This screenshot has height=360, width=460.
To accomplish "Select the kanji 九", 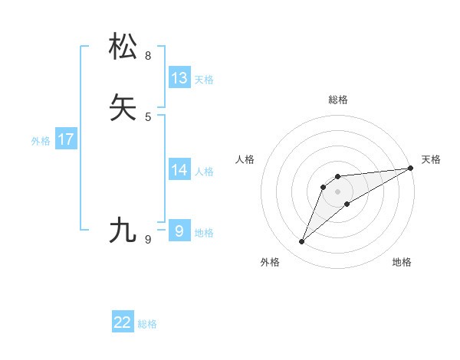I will (124, 230).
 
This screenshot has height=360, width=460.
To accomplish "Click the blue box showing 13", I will (179, 77).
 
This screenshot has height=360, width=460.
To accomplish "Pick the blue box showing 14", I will (179, 169).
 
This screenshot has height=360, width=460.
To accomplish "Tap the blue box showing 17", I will (65, 139).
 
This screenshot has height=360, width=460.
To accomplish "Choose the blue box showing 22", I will (123, 322).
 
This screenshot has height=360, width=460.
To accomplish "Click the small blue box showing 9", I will (179, 231).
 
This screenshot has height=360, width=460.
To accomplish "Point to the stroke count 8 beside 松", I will (148, 56).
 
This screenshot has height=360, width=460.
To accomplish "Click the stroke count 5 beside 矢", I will (148, 117).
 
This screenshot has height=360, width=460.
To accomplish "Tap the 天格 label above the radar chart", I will (431, 159).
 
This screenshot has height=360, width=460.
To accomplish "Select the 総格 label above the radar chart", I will (337, 100).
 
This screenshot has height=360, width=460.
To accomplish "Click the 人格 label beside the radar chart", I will (245, 159).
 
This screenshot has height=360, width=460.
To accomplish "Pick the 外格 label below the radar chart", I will (270, 263).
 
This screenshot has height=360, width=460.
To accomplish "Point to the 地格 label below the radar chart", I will (402, 263).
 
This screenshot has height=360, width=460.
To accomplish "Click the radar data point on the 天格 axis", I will (410, 168).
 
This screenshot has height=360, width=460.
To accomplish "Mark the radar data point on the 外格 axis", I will (301, 242).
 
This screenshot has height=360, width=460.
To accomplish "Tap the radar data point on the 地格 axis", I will (347, 204).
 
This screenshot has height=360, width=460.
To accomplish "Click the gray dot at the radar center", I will (337, 191).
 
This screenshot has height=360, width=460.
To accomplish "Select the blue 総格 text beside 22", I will (147, 324).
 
